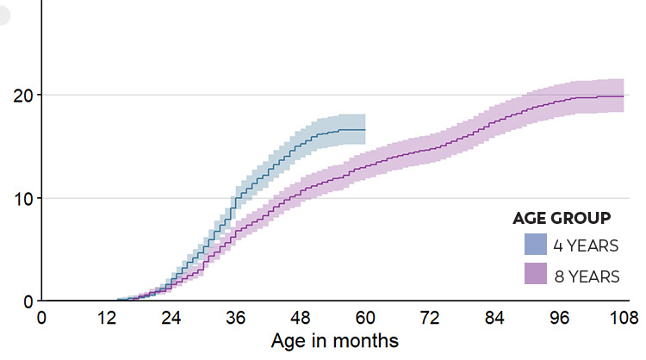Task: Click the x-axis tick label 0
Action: tap(41, 319)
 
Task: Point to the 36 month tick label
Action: tap(236, 319)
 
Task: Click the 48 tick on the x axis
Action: tap(301, 319)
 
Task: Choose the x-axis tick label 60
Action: tap(365, 319)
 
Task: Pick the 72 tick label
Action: tap(431, 319)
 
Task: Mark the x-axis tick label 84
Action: tap(495, 319)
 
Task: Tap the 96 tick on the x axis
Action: tap(560, 319)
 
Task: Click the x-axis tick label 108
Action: tap(624, 319)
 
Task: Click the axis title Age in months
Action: tap(334, 341)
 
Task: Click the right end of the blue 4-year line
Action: tap(365, 130)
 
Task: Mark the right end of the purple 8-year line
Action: tap(624, 96)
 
